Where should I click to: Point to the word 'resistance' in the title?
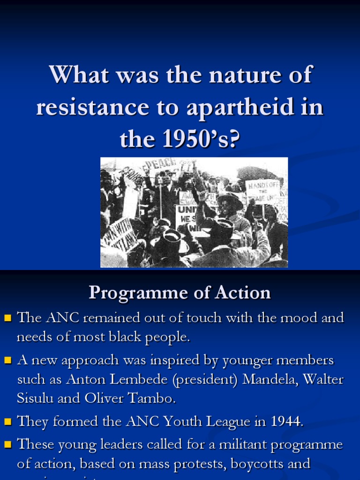(96, 107)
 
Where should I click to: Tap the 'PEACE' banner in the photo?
(160, 165)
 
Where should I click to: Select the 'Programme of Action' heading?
(180, 293)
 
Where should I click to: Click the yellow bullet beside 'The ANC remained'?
(7, 318)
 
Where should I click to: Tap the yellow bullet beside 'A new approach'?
(7, 361)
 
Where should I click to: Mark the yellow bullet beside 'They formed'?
(7, 422)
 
